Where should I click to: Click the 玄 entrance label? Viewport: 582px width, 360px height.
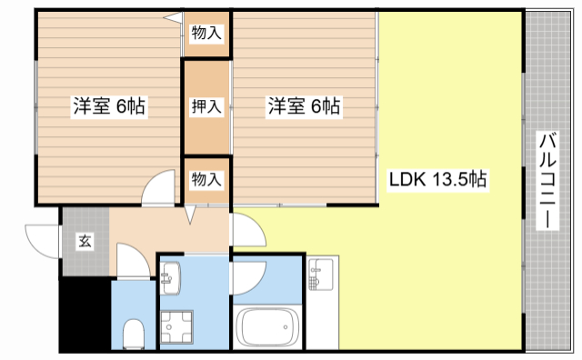[x=85, y=241]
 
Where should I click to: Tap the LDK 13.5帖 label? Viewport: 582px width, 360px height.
[x=439, y=179]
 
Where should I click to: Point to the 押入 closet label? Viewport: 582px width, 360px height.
[x=206, y=106]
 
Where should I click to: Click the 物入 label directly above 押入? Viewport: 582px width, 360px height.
[x=206, y=34]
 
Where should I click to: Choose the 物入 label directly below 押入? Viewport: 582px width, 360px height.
[x=206, y=179]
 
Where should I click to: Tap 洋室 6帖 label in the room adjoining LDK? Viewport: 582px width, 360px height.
[x=304, y=106]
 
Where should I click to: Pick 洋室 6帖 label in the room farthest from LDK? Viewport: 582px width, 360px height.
[x=109, y=106]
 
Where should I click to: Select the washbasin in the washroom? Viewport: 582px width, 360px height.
[x=170, y=276]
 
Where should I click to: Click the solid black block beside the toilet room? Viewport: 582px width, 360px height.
[x=85, y=315]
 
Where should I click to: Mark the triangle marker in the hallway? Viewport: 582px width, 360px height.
[x=190, y=215]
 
